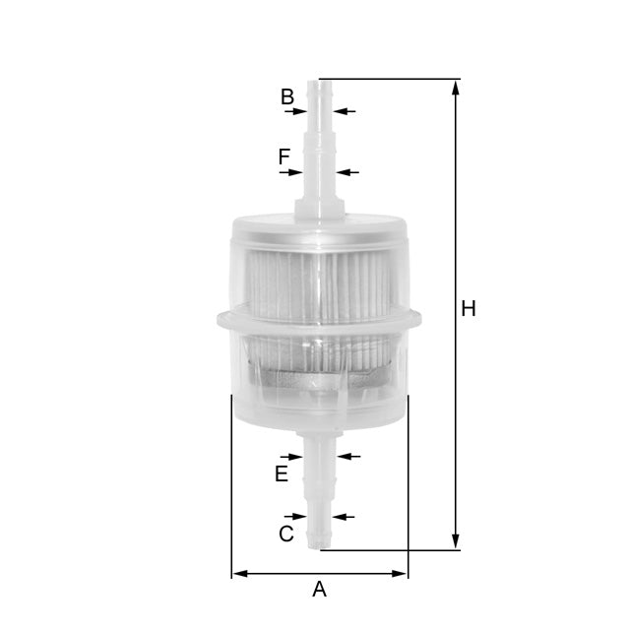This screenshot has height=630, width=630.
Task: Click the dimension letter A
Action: (319, 590)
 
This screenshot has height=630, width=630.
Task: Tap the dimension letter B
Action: (287, 96)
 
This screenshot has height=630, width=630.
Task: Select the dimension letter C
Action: (286, 535)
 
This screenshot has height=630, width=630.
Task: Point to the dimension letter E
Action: (282, 474)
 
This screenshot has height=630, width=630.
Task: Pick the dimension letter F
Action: (284, 157)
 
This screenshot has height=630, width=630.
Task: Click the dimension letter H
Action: (469, 309)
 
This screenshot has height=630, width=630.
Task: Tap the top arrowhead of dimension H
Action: (456, 86)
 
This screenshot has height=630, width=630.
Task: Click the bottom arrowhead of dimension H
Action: (456, 542)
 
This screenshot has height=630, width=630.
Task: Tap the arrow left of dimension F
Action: (293, 172)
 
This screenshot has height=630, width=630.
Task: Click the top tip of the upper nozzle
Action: (320, 82)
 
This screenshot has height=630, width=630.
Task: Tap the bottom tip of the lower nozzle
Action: (318, 547)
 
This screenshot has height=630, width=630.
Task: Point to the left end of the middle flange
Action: (213, 318)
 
